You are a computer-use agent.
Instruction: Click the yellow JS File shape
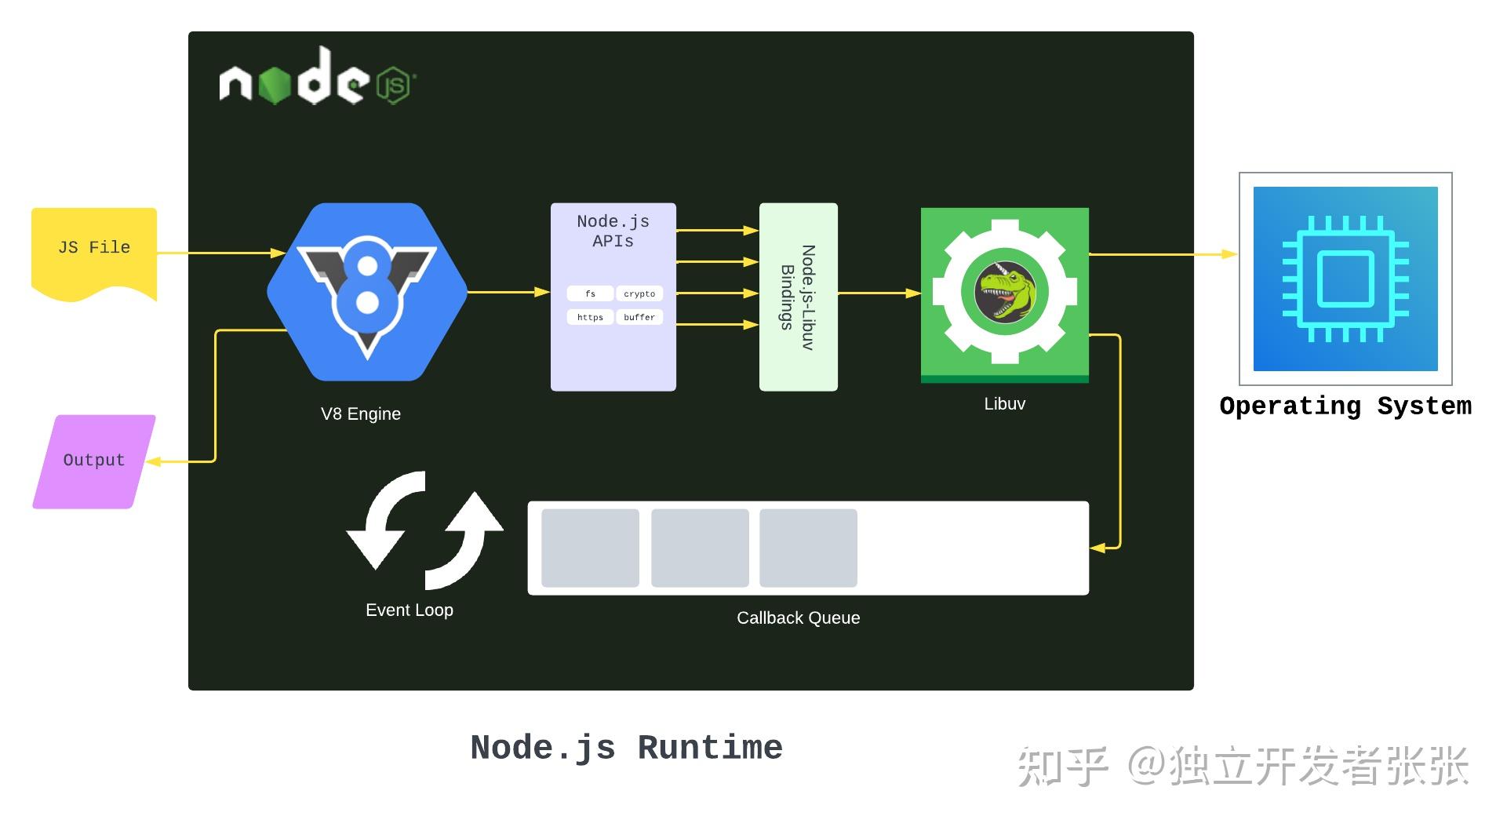tap(93, 250)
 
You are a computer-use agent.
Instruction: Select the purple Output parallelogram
tap(94, 461)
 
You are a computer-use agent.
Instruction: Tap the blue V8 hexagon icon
tap(366, 292)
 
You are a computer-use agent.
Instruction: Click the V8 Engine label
tap(361, 413)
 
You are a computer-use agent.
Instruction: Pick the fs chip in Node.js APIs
tap(590, 293)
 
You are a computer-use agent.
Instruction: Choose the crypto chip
tap(639, 293)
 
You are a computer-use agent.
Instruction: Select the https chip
tap(590, 317)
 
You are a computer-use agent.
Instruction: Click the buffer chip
tap(639, 317)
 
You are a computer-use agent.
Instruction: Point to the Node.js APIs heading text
tap(613, 231)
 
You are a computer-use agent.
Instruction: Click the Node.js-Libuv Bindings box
tap(798, 297)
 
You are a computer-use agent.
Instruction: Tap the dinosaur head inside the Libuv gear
tap(1005, 291)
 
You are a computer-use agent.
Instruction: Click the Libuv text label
tap(1004, 403)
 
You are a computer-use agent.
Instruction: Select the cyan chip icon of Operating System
tap(1345, 279)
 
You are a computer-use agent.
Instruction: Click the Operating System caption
tap(1345, 406)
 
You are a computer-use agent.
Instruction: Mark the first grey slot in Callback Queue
tap(590, 548)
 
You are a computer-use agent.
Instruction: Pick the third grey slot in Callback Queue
tap(808, 548)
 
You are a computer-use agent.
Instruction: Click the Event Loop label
tap(409, 610)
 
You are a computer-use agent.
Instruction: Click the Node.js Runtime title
tap(626, 747)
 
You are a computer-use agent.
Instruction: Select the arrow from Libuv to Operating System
tap(1161, 254)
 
